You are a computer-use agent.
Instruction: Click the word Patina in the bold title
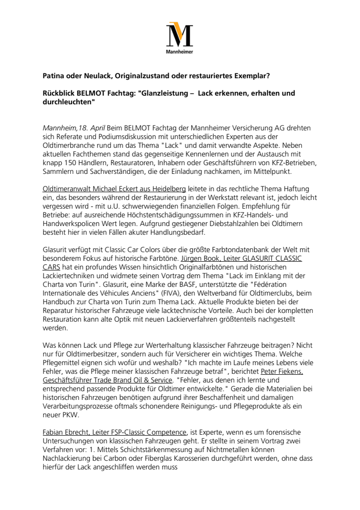coord(55,75)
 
